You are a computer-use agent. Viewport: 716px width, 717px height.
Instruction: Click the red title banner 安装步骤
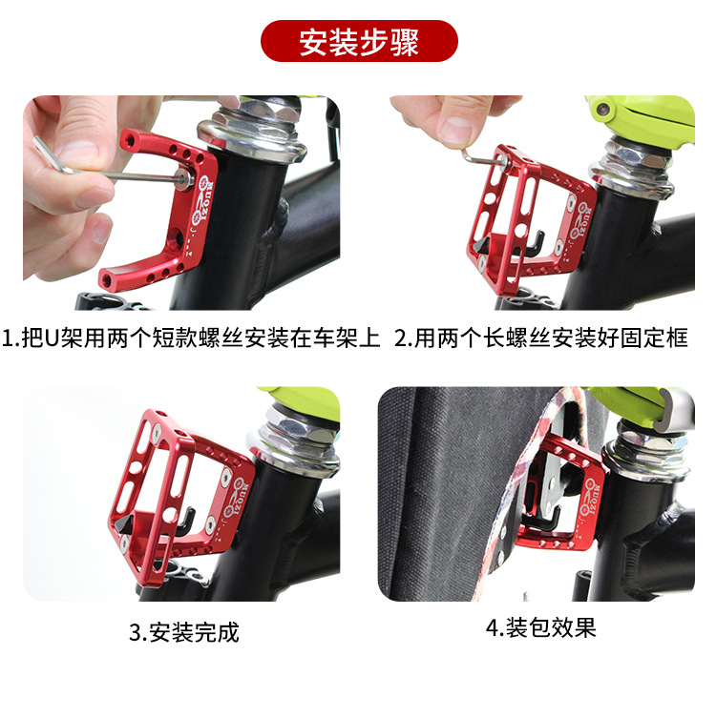pyautogui.click(x=359, y=41)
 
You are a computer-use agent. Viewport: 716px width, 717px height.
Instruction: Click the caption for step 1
pyautogui.click(x=191, y=338)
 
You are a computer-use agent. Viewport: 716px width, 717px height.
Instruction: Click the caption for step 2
pyautogui.click(x=541, y=338)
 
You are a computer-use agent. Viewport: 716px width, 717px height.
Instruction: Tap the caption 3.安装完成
pyautogui.click(x=184, y=632)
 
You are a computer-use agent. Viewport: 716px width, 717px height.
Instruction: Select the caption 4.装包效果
pyautogui.click(x=541, y=627)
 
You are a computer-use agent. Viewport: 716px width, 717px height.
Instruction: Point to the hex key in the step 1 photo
pyautogui.click(x=110, y=169)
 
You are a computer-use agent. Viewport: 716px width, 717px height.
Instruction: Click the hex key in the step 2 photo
pyautogui.click(x=485, y=156)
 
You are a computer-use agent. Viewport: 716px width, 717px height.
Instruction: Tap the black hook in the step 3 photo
pyautogui.click(x=186, y=521)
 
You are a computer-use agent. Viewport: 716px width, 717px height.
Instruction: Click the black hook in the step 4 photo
pyautogui.click(x=544, y=517)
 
